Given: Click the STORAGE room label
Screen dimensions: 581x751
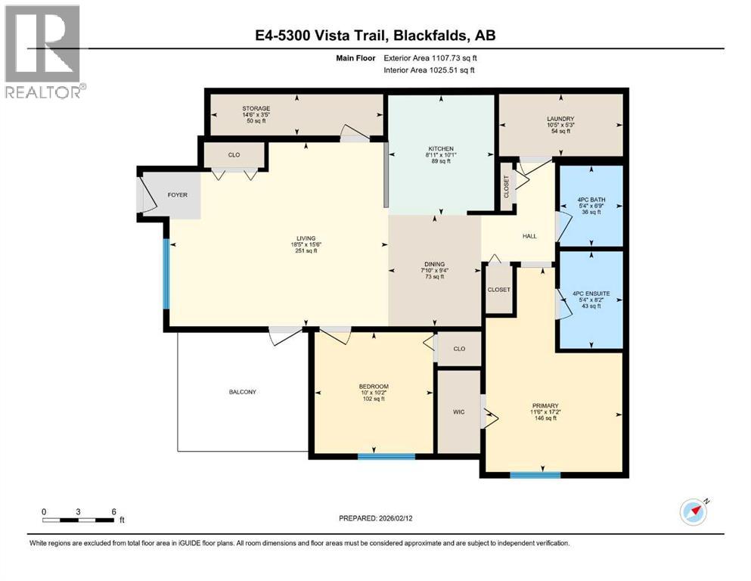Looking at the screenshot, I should pos(256,109).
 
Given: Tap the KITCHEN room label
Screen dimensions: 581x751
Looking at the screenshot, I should pos(441,148).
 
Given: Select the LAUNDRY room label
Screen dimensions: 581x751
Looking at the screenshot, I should pos(560,119).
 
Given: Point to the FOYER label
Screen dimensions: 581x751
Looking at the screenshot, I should pos(177,195).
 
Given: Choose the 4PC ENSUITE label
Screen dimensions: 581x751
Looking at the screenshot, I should pos(590,294).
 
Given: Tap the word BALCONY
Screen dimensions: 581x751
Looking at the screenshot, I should pos(243,392).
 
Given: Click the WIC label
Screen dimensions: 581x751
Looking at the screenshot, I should pos(458,412).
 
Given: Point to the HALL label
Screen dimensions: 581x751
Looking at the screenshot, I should pos(529,236).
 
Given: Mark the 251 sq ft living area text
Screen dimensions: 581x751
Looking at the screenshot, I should pos(306,251).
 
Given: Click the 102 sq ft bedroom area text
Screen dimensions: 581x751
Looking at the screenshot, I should pos(372,399).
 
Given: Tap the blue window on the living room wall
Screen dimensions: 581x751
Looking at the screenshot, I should pos(166,273).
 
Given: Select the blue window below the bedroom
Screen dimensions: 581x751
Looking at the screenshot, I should pos(386,456).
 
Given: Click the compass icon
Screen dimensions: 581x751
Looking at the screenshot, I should pos(693,512).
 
